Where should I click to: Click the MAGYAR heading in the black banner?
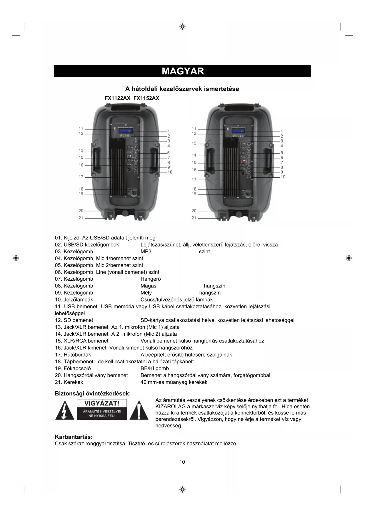coord(182,71)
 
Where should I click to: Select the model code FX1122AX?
coord(117,98)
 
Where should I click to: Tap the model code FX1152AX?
coord(146,98)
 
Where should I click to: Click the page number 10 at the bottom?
coord(182,462)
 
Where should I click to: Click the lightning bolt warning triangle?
coord(64,411)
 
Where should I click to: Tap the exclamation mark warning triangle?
coord(139,411)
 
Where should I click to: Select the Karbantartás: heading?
coord(74,437)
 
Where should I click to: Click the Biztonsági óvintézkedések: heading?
coord(93,394)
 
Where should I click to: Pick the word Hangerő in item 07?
coord(151,279)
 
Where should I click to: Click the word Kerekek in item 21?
coord(73,382)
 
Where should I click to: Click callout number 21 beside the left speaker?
coord(81,218)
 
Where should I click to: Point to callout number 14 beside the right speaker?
coord(194,155)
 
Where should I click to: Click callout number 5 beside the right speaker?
coord(281,153)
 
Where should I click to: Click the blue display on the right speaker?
coord(238,131)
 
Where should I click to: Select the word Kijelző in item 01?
coord(71,238)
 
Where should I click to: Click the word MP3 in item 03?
coord(146,252)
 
